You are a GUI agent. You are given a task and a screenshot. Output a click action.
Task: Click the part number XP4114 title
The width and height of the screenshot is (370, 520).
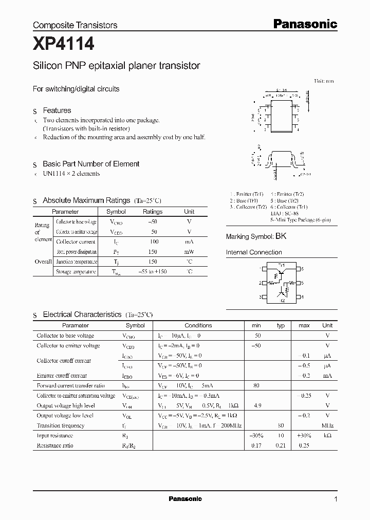[64, 45]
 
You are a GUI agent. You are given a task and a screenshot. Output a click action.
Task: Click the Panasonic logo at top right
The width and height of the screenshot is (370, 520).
[304, 24]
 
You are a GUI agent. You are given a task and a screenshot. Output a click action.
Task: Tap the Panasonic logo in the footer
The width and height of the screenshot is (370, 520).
[186, 499]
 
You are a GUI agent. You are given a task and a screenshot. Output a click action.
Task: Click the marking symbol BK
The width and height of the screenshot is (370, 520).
[281, 236]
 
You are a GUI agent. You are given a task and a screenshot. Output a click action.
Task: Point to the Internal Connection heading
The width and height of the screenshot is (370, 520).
[254, 252]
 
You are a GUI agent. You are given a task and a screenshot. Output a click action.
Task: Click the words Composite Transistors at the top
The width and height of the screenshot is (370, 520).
[75, 25]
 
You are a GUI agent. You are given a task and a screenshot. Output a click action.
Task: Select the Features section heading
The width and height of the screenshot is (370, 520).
[57, 110]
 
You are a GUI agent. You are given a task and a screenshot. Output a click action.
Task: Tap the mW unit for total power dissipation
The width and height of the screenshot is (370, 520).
[189, 252]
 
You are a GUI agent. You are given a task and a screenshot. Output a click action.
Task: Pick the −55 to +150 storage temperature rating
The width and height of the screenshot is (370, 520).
[153, 271]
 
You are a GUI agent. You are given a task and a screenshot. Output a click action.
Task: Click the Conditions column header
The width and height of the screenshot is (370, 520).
[198, 325]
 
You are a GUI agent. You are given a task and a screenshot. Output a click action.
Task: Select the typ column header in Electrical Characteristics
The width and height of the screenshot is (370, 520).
[281, 325]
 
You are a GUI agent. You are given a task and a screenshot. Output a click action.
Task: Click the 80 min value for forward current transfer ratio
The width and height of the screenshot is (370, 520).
[256, 385]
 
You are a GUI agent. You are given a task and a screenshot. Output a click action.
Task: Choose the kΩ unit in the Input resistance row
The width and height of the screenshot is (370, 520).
[327, 435]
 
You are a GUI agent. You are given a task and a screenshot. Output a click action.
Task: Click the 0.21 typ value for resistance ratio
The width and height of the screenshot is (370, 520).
[281, 445]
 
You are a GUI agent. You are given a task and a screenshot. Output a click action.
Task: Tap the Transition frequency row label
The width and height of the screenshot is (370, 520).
[61, 425]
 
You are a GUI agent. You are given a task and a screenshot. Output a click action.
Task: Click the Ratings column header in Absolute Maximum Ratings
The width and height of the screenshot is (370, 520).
[153, 212]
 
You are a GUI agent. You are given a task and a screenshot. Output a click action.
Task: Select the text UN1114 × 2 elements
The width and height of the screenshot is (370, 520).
[71, 174]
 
